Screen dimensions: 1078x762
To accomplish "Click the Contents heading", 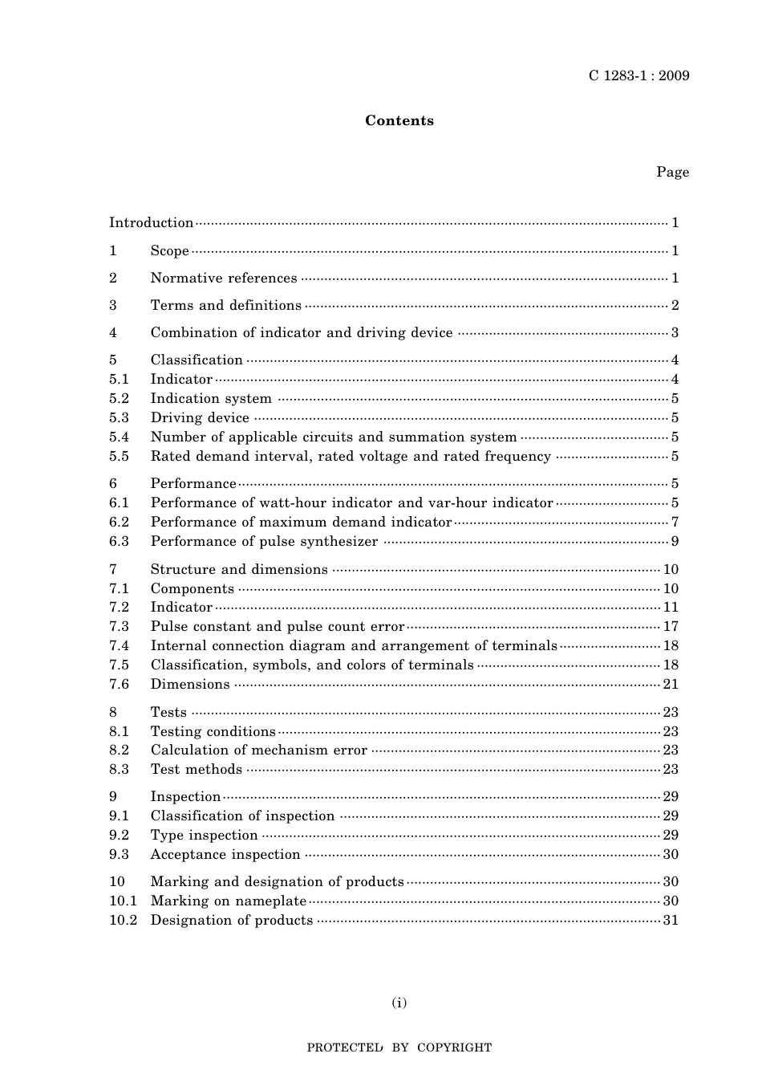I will pyautogui.click(x=399, y=121).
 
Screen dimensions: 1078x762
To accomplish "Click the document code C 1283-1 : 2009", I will pyautogui.click(x=638, y=76).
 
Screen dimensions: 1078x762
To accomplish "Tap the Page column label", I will pyautogui.click(x=672, y=173).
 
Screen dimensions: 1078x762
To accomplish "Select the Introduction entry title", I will pyautogui.click(x=152, y=223).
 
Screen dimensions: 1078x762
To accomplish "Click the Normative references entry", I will pyautogui.click(x=224, y=279).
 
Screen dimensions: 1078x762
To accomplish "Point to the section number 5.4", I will pyautogui.click(x=119, y=437).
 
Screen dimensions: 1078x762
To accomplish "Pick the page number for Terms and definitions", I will pyautogui.click(x=675, y=306).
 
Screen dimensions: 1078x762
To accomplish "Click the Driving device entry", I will pyautogui.click(x=200, y=418).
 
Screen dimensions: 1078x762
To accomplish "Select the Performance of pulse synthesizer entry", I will pyautogui.click(x=264, y=542).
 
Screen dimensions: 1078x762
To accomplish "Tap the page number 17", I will pyautogui.click(x=671, y=627).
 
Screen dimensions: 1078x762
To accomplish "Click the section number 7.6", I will pyautogui.click(x=119, y=685).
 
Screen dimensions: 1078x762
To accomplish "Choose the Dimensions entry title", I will pyautogui.click(x=190, y=685).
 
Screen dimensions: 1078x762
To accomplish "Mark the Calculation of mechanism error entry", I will pyautogui.click(x=259, y=751).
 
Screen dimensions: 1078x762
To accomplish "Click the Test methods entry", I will pyautogui.click(x=197, y=770).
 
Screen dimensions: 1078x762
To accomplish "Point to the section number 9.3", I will pyautogui.click(x=119, y=855).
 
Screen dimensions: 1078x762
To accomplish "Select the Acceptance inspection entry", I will pyautogui.click(x=225, y=855).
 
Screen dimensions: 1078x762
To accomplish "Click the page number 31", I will pyautogui.click(x=671, y=921).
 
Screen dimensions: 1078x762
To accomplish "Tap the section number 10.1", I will pyautogui.click(x=123, y=901).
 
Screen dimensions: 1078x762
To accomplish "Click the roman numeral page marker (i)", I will pyautogui.click(x=399, y=1003).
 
